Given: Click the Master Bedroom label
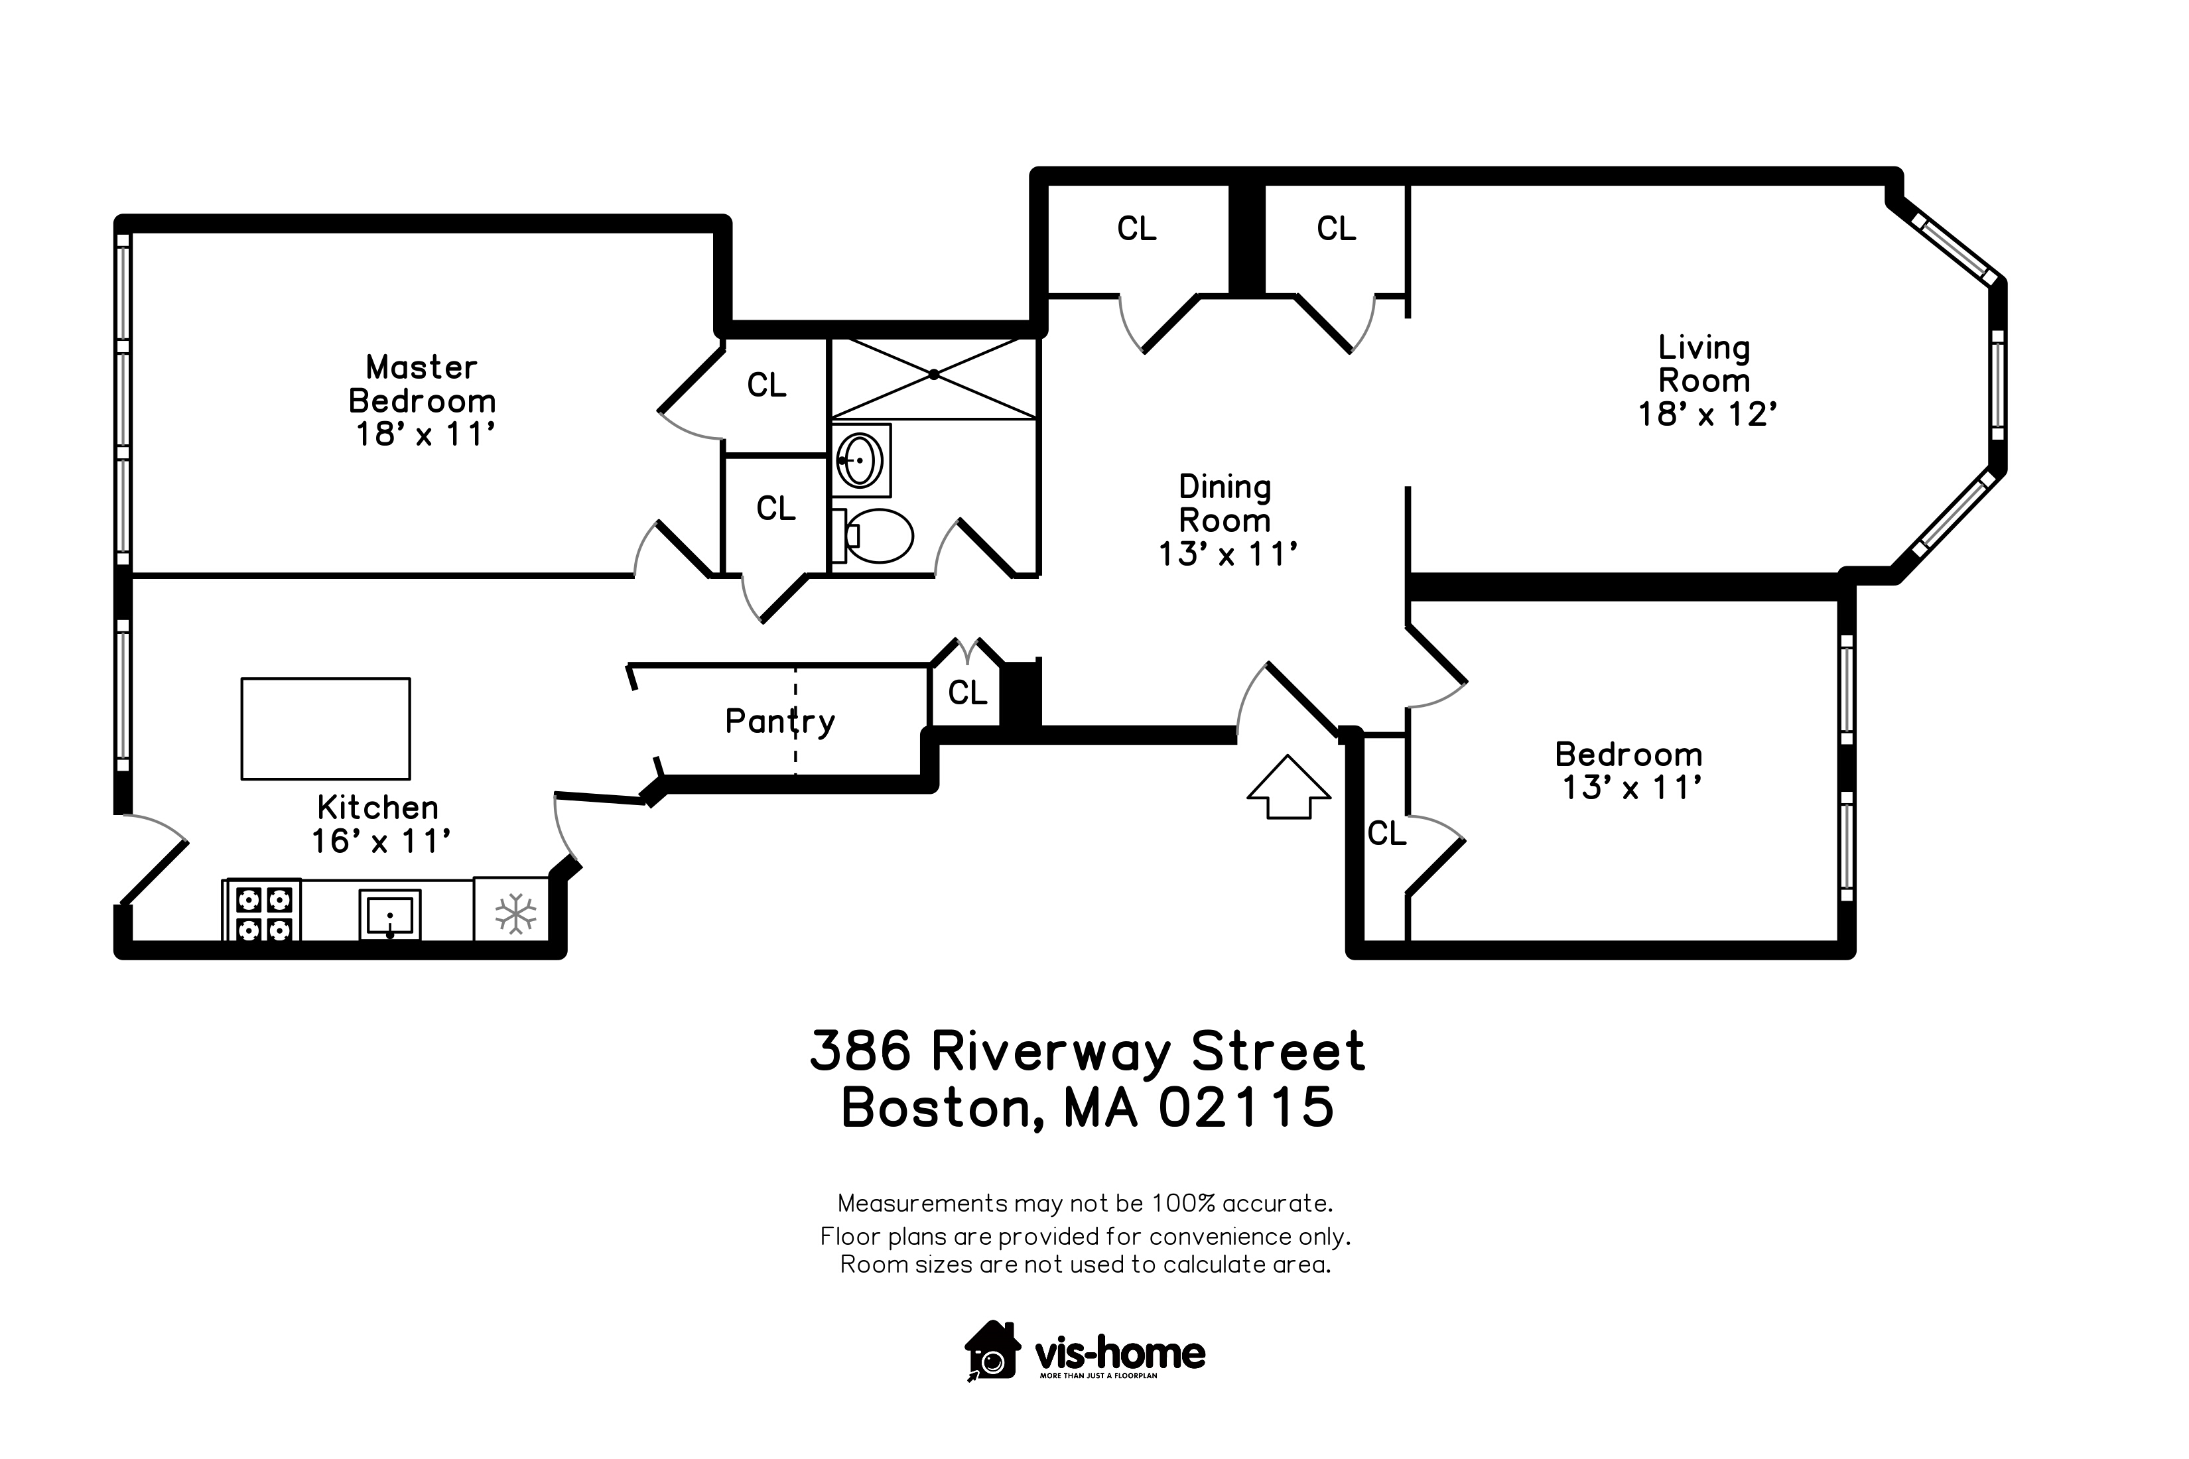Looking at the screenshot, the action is pyautogui.click(x=422, y=383).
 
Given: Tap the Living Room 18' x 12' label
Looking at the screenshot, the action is pyautogui.click(x=1707, y=381).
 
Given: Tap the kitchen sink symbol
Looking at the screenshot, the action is pyautogui.click(x=390, y=915).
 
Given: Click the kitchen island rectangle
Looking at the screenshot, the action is pyautogui.click(x=326, y=729).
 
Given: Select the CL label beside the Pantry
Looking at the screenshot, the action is pyautogui.click(x=967, y=693).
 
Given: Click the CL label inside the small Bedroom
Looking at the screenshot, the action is pyautogui.click(x=1387, y=834).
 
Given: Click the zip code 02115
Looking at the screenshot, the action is pyautogui.click(x=1246, y=1108).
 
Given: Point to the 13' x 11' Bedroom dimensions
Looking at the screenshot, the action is pyautogui.click(x=1632, y=788).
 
